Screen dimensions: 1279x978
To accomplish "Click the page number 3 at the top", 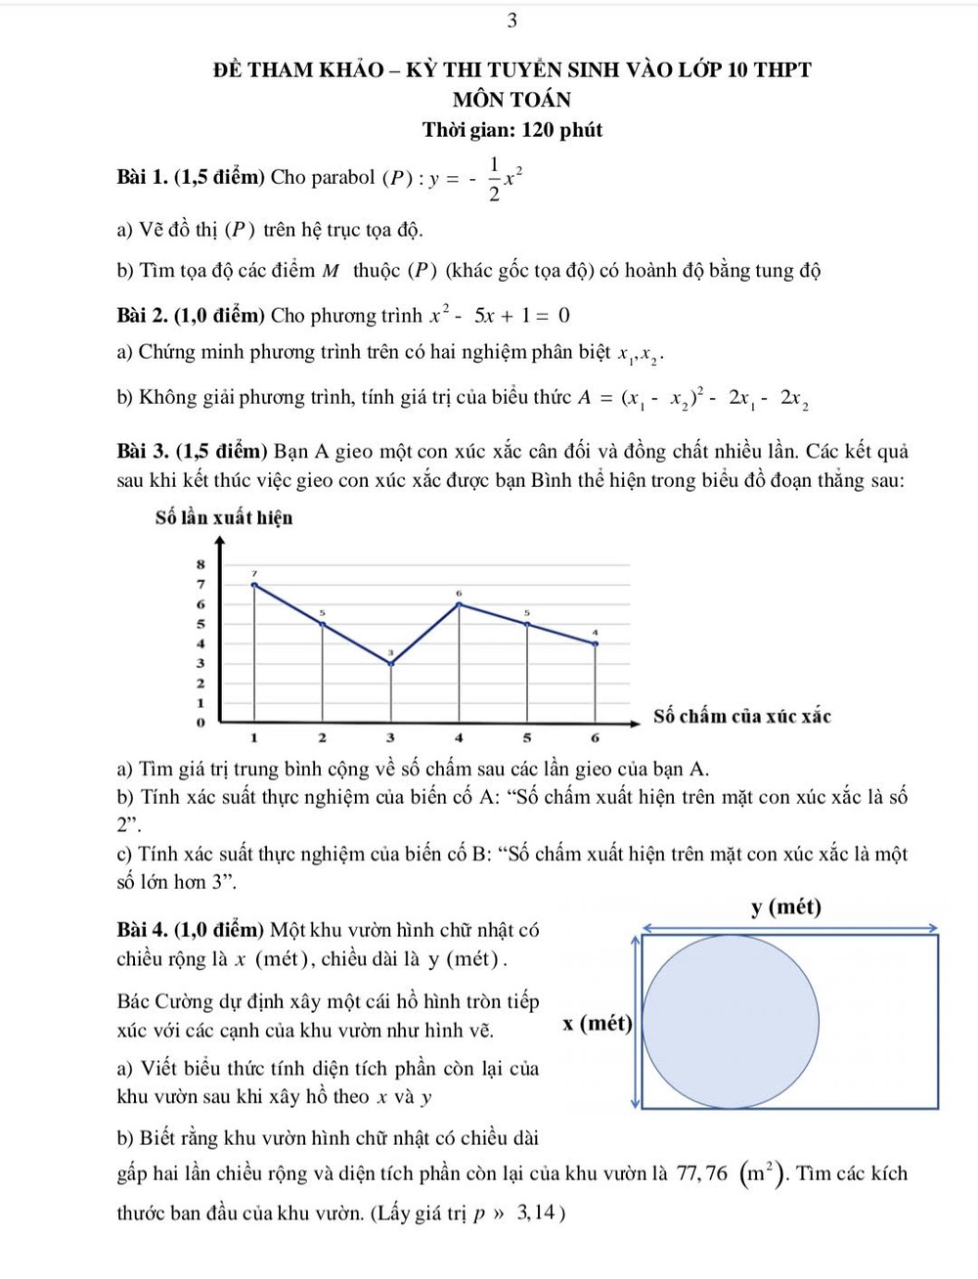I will [x=512, y=21].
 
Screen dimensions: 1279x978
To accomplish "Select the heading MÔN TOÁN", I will [x=511, y=100].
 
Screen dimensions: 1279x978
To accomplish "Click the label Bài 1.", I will [x=143, y=178].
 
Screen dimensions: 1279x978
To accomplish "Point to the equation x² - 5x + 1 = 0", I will [x=500, y=316].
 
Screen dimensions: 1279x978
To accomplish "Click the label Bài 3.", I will [x=143, y=452].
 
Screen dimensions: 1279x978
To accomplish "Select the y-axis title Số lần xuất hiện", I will [x=224, y=517].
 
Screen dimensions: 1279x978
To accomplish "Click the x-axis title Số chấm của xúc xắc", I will [x=742, y=716].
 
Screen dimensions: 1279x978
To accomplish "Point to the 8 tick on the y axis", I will [x=200, y=564].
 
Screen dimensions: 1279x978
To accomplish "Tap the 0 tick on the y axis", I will [x=200, y=723].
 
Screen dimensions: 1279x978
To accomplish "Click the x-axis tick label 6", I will [x=595, y=737].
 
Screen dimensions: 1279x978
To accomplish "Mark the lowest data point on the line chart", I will [x=391, y=663].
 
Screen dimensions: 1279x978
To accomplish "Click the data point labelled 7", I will [x=255, y=585].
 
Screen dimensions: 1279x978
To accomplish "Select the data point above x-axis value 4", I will [x=460, y=604].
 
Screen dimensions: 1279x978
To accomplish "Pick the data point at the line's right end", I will [x=596, y=643].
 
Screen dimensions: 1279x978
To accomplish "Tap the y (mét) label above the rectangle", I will [x=786, y=907].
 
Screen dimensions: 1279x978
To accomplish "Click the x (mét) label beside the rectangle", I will [x=598, y=1024].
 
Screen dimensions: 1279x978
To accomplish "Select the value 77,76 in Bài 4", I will [x=702, y=1173].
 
